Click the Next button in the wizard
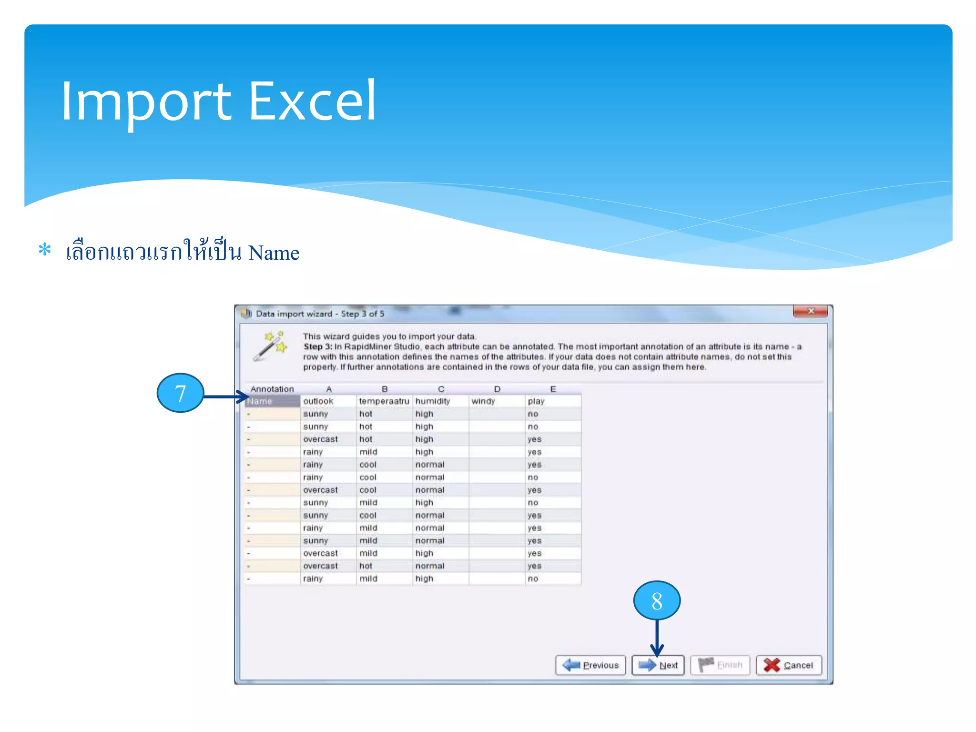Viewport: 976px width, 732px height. pos(658,665)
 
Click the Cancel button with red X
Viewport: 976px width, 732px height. pos(789,665)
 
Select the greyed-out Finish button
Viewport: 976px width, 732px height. pos(720,665)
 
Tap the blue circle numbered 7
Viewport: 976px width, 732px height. pos(180,393)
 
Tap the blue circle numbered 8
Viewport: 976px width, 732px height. pos(657,600)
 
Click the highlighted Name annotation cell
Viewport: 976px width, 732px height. pos(272,401)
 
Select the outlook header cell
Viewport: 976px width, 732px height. pos(318,401)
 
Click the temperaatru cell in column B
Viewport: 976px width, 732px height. pos(384,401)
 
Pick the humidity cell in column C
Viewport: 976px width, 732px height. pos(432,401)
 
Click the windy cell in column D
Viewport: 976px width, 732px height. pos(483,401)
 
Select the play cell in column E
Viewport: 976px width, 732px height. pos(536,401)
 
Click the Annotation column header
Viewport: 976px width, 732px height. pos(272,389)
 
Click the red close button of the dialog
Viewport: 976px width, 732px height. pos(810,311)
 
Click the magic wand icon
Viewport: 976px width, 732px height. pos(270,346)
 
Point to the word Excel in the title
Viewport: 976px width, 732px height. pos(313,101)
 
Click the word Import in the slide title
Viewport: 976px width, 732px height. pos(146,101)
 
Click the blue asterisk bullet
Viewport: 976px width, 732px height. pos(45,250)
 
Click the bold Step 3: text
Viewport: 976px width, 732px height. pos(317,346)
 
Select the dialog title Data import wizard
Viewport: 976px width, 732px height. pos(294,314)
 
